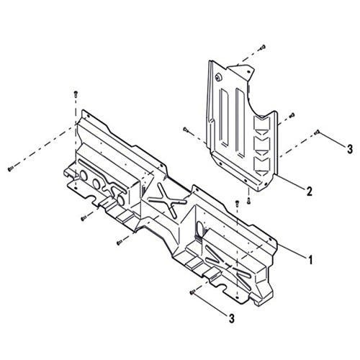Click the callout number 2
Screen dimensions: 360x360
(309, 192)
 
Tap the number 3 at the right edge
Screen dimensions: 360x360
(349, 149)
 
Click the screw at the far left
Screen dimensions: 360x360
(10, 168)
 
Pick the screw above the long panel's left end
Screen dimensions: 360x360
(76, 94)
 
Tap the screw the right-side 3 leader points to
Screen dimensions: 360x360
(318, 132)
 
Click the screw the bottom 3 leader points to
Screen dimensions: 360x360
(192, 292)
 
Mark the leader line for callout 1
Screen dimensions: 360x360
(292, 249)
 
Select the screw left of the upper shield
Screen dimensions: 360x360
(186, 130)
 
